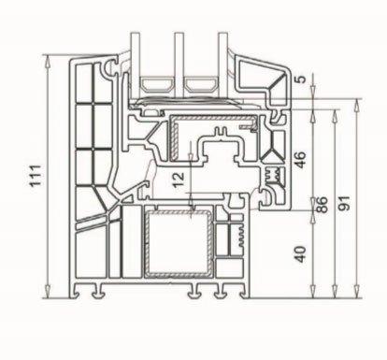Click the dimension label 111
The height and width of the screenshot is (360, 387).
coord(36,176)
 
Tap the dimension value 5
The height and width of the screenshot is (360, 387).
coord(301,79)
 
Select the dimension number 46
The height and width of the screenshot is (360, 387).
coord(301,160)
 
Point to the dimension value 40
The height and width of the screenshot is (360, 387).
coord(301,254)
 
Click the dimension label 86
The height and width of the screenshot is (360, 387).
coord(322,205)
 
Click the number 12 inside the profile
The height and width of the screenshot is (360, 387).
coord(179,180)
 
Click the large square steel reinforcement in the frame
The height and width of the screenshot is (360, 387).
coord(179,244)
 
